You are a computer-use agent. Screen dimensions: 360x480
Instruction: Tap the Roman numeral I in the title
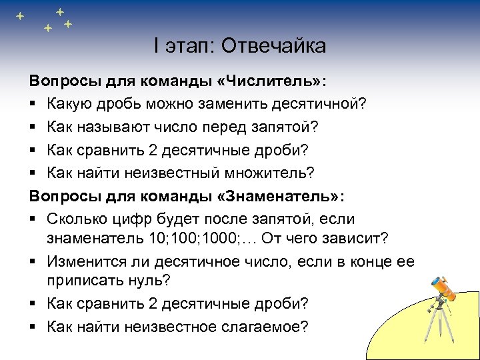[156, 46]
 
